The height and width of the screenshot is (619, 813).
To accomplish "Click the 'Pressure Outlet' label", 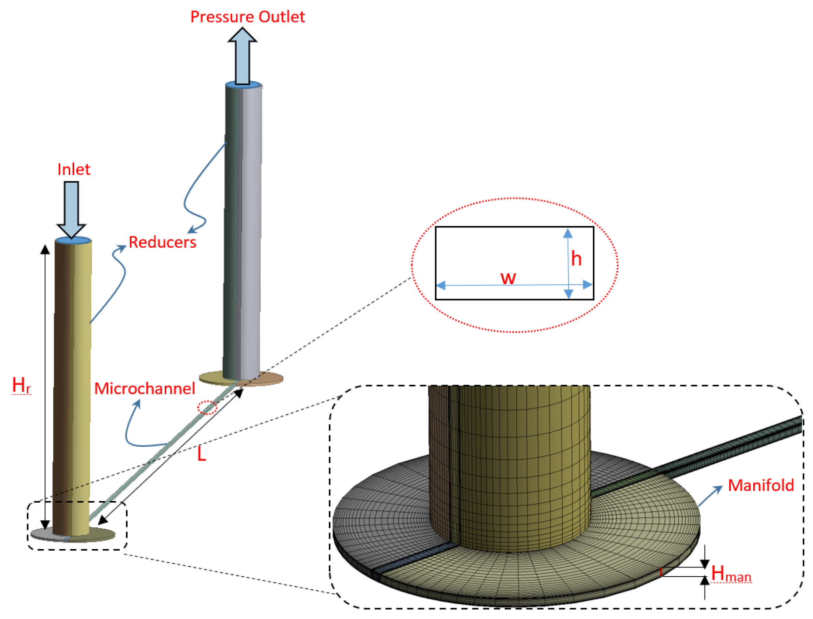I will [247, 17].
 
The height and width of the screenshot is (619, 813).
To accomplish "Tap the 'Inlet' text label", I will [74, 170].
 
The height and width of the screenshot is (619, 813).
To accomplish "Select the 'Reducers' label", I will [162, 242].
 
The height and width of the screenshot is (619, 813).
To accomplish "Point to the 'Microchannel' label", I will [144, 389].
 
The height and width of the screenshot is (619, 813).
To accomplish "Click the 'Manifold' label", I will [761, 486].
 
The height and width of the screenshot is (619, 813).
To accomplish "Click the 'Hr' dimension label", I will [21, 385].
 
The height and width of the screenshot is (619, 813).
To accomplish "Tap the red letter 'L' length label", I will [202, 454].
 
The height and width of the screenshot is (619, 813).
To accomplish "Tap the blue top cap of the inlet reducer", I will [73, 240].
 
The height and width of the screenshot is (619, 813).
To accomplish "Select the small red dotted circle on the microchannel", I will [207, 408].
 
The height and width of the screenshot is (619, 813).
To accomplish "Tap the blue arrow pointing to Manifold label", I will [710, 496].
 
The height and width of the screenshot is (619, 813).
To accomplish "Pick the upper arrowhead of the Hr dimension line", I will [45, 249].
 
